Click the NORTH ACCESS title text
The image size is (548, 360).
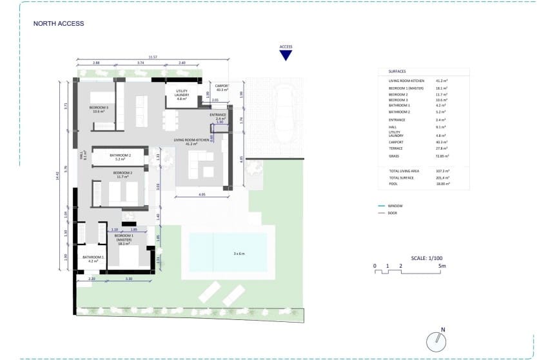pos(59,24)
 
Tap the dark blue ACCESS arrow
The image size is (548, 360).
pos(286,55)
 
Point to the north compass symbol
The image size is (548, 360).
pos(436,340)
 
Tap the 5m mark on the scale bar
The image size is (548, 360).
pos(441,266)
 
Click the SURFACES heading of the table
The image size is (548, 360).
pos(397,72)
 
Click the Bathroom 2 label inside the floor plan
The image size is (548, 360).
pos(121,156)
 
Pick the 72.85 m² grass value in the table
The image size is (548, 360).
pos(442,156)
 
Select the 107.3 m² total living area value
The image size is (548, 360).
pos(442,171)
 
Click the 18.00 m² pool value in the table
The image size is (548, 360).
pos(442,184)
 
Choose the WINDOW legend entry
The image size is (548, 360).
pos(396,206)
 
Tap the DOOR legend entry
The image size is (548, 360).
pos(394,212)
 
